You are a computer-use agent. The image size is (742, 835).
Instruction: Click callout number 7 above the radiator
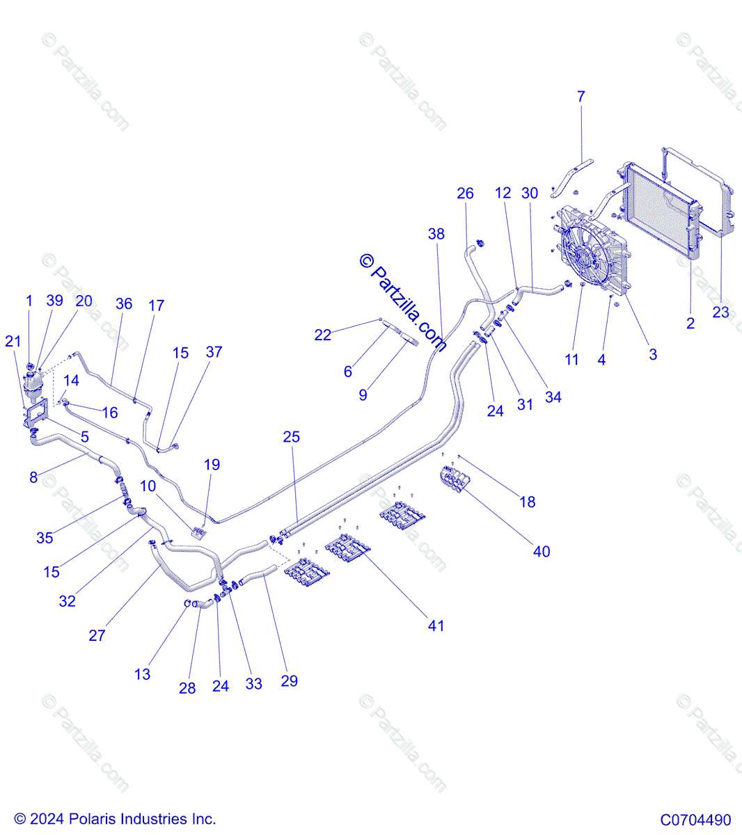[x=581, y=97]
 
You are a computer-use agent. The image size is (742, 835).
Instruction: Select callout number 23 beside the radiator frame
[x=720, y=312]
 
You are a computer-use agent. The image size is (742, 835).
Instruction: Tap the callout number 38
[x=436, y=234]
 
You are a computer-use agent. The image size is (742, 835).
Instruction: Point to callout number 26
[x=465, y=193]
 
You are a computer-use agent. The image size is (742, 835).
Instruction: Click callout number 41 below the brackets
[x=436, y=626]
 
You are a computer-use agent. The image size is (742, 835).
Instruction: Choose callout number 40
[x=541, y=551]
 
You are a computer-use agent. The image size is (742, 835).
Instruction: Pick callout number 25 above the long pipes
[x=291, y=437]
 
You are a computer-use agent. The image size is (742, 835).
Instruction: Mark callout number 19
[x=212, y=464]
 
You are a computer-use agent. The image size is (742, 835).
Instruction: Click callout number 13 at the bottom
[x=142, y=674]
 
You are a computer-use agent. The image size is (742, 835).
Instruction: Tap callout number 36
[x=123, y=303]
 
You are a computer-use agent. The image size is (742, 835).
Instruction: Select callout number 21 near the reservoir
[x=13, y=341]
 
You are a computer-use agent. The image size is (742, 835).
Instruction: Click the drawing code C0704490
[x=695, y=820]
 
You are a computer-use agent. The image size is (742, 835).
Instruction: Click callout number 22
[x=322, y=335]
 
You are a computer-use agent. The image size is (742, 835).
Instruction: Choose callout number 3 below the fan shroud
[x=652, y=354]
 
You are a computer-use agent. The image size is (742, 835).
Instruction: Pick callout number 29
[x=289, y=680]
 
